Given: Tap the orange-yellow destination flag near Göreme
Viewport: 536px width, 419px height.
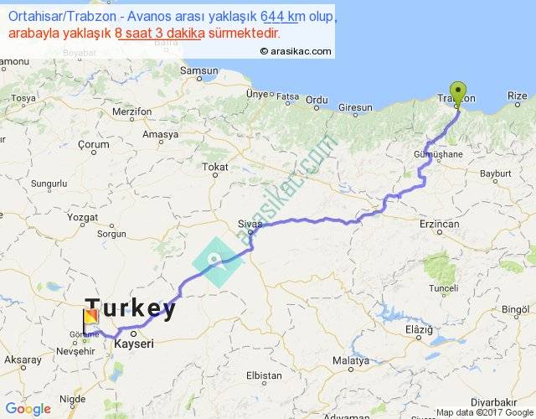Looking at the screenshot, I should tap(90, 319).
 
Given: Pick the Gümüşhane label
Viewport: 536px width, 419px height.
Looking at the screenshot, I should tap(439, 156).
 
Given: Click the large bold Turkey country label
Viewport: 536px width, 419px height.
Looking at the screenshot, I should tap(131, 310).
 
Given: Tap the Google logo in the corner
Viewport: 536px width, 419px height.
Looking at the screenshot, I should tap(27, 409).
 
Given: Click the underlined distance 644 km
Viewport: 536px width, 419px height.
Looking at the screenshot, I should tap(282, 18).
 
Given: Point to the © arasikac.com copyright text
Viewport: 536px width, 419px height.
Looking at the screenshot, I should tap(296, 51).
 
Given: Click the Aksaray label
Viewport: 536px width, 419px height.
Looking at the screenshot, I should tap(23, 359).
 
